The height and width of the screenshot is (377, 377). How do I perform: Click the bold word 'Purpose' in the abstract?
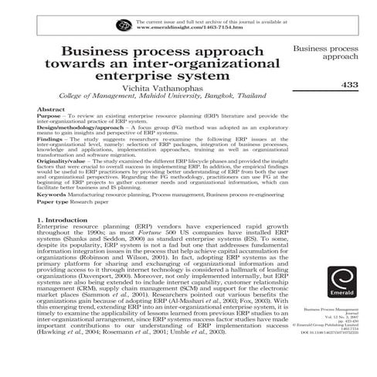pos(48,117)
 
